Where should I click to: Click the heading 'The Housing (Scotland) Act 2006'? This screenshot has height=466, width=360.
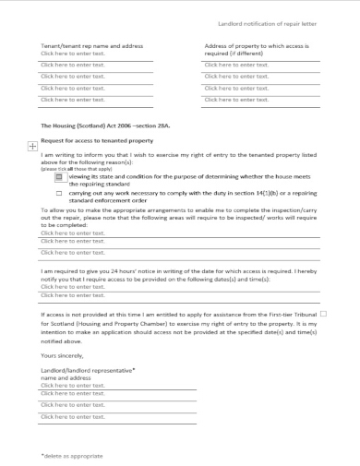click(92, 123)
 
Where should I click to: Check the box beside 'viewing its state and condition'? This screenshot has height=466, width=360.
click(59, 174)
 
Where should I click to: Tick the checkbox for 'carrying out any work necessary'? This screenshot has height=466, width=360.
click(59, 194)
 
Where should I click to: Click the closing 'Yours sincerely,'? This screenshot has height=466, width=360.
click(63, 354)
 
